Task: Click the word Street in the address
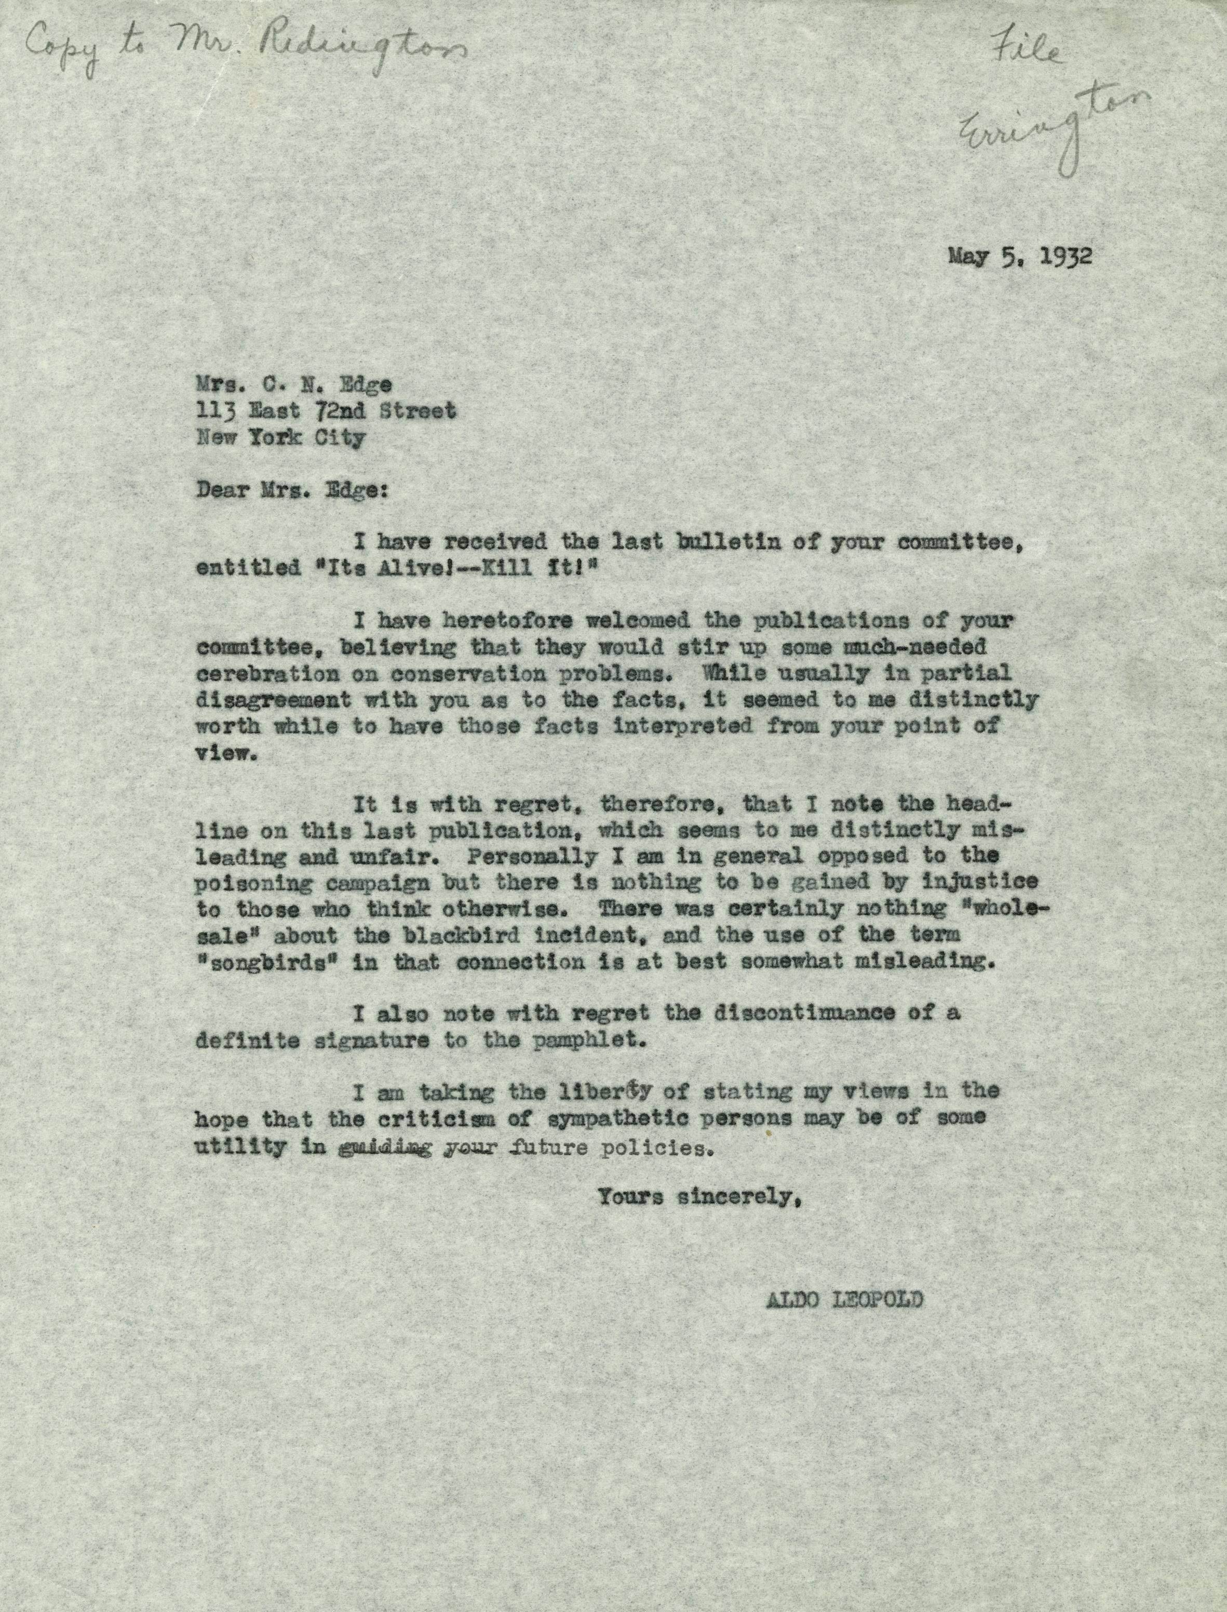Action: pyautogui.click(x=418, y=411)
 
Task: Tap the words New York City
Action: pyautogui.click(x=280, y=438)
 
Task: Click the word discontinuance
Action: pyautogui.click(x=807, y=1014)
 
